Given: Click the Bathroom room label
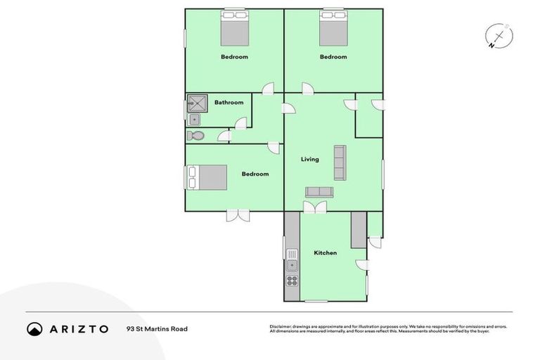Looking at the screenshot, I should (x=229, y=103).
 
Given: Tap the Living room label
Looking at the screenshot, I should (x=309, y=160).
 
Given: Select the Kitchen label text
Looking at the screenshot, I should (x=325, y=253).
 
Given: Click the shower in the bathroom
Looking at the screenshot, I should (x=199, y=104).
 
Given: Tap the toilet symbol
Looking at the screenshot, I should (x=195, y=136).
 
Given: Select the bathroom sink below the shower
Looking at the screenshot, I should (x=195, y=120).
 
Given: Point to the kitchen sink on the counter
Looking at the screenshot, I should (x=292, y=265).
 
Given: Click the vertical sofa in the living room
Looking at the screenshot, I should (x=340, y=162).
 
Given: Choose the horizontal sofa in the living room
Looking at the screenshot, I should (x=319, y=192).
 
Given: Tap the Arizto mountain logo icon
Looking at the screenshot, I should (x=34, y=328).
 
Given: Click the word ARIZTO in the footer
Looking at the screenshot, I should (x=77, y=328).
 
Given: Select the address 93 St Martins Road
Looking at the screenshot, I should (x=157, y=328).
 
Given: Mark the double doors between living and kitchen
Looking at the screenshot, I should (x=315, y=207).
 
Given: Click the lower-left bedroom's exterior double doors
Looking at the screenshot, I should (x=238, y=215).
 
